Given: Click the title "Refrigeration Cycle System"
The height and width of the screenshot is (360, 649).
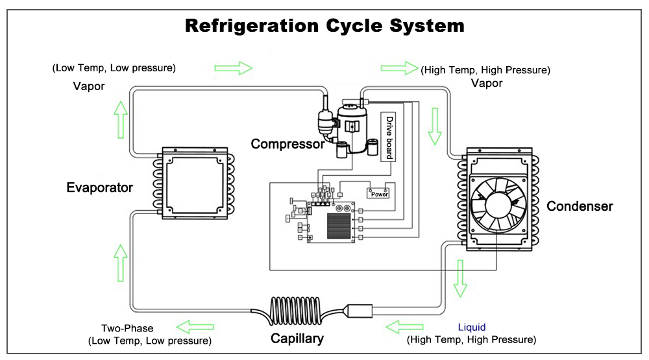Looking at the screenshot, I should pyautogui.click(x=324, y=25).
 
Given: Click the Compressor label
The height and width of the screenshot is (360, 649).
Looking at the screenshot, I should pyautogui.click(x=288, y=143).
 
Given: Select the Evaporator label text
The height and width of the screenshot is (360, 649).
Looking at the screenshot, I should pyautogui.click(x=99, y=188).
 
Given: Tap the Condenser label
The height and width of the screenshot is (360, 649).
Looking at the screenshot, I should pyautogui.click(x=580, y=206).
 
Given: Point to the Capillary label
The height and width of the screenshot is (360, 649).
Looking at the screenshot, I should pyautogui.click(x=297, y=338).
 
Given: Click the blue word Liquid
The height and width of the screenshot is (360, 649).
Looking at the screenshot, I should pyautogui.click(x=471, y=327).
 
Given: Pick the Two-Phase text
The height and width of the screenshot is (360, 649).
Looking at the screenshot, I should pyautogui.click(x=129, y=328).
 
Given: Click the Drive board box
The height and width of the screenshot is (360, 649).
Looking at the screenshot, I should pyautogui.click(x=389, y=136).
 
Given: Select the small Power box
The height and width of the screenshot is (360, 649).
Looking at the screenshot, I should pyautogui.click(x=379, y=193).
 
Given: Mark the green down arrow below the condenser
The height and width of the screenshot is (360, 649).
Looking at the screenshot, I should pyautogui.click(x=462, y=277).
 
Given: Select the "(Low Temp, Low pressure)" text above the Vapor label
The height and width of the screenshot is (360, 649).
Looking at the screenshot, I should pyautogui.click(x=114, y=67).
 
